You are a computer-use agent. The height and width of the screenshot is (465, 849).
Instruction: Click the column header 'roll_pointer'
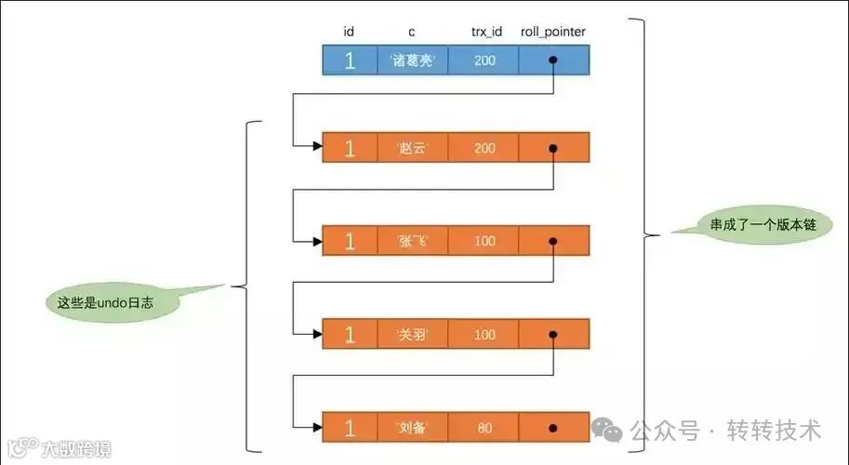point(553,33)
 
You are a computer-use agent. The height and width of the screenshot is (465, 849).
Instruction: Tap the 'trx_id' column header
point(485,33)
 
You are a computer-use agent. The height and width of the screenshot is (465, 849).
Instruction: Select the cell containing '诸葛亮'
point(411,61)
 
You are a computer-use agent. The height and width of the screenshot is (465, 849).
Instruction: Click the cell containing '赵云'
point(411,148)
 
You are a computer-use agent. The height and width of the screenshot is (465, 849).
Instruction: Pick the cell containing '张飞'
point(411,241)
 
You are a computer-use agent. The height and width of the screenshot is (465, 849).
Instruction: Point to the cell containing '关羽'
point(411,334)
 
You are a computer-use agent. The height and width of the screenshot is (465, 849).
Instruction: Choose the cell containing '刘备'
point(411,427)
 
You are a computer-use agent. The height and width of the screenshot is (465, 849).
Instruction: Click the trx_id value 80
point(484,427)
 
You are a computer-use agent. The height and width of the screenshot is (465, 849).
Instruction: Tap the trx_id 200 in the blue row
point(484,61)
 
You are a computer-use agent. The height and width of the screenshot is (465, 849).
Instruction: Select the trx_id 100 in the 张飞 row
point(484,241)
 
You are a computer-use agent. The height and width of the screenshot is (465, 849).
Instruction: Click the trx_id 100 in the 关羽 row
point(484,334)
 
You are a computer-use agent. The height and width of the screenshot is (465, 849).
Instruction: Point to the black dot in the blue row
point(553,61)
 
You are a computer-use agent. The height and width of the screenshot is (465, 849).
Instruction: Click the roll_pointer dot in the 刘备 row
point(553,428)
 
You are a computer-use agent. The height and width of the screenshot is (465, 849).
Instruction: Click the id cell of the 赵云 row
point(350,148)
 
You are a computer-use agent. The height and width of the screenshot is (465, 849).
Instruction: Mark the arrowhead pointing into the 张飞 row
point(317,241)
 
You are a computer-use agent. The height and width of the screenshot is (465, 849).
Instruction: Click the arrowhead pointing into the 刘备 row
point(317,427)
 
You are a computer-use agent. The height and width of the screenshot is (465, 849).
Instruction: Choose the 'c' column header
point(411,33)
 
